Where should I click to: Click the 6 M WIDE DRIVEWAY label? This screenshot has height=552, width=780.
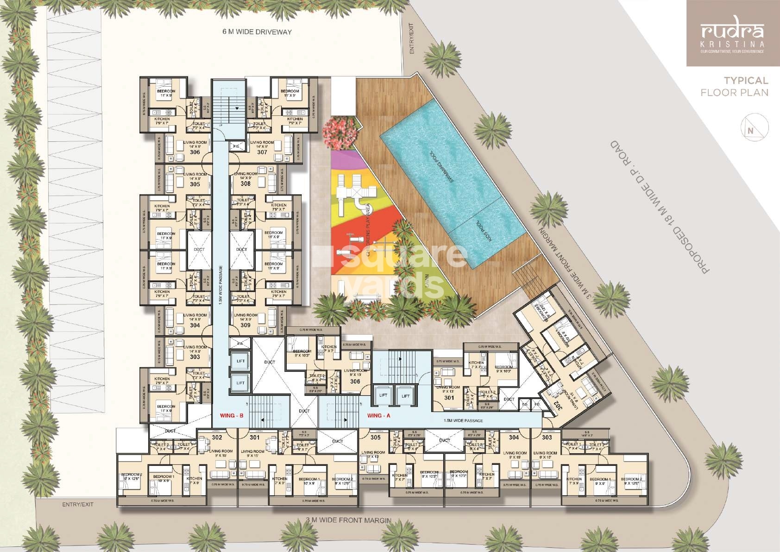click(x=257, y=32)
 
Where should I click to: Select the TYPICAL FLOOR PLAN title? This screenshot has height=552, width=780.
click(x=734, y=87)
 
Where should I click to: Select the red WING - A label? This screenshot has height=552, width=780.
click(x=378, y=416)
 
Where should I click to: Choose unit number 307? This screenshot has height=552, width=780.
click(x=262, y=152)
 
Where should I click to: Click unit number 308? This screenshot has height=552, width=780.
click(x=245, y=184)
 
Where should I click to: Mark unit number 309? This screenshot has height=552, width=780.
click(x=245, y=325)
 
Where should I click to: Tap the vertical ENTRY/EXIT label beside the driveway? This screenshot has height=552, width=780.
click(x=412, y=38)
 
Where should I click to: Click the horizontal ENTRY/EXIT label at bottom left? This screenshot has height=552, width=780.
click(x=78, y=504)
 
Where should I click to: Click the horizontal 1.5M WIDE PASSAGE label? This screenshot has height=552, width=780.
click(x=463, y=420)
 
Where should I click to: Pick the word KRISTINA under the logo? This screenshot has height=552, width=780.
click(x=732, y=44)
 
